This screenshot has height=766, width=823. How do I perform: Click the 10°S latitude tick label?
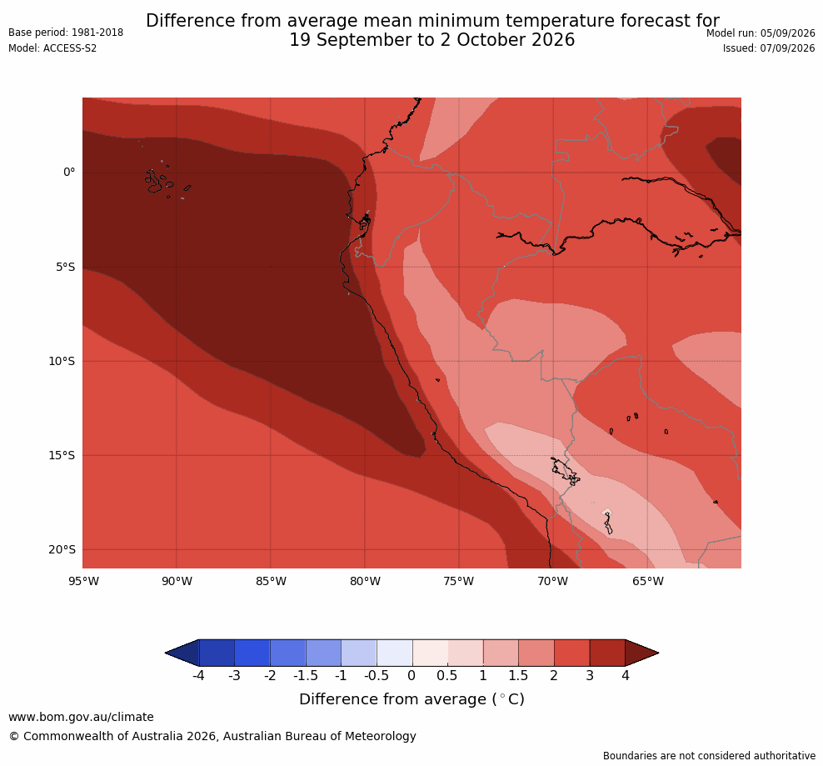pyautogui.click(x=62, y=362)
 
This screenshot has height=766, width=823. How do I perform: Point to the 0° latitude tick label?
pyautogui.click(x=69, y=173)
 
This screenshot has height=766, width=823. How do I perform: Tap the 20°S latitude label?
pyautogui.click(x=62, y=549)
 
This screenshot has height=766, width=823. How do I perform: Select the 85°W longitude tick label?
pyautogui.click(x=271, y=581)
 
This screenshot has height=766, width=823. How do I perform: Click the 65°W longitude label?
pyautogui.click(x=648, y=581)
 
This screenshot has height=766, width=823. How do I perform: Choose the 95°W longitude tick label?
pyautogui.click(x=83, y=581)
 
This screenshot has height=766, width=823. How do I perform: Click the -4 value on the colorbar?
pyautogui.click(x=198, y=676)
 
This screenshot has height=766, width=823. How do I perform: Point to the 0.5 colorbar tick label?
pyautogui.click(x=447, y=676)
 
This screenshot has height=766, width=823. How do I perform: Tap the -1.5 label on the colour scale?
pyautogui.click(x=306, y=676)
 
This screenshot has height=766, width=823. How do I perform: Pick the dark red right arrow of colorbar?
pyautogui.click(x=641, y=653)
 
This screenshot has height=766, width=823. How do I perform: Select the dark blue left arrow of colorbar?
pyautogui.click(x=183, y=653)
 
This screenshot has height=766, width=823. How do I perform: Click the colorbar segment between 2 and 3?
pyautogui.click(x=571, y=653)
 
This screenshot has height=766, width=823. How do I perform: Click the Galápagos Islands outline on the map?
pyautogui.click(x=154, y=181)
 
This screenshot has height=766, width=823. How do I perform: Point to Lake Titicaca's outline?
pyautogui.click(x=565, y=471)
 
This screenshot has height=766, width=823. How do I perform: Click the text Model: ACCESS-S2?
pyautogui.click(x=52, y=48)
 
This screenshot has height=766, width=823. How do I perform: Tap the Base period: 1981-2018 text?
pyautogui.click(x=66, y=33)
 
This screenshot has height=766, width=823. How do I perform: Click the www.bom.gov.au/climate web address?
pyautogui.click(x=81, y=717)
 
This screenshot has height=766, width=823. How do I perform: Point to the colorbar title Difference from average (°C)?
pyautogui.click(x=411, y=699)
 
